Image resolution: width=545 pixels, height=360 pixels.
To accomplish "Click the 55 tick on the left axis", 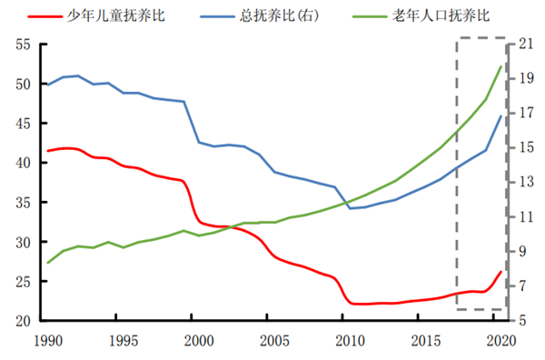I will pyautogui.click(x=22, y=45).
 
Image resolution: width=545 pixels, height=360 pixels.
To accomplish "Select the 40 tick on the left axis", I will pyautogui.click(x=22, y=164).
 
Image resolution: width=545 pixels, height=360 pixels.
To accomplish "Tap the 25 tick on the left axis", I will pyautogui.click(x=22, y=282).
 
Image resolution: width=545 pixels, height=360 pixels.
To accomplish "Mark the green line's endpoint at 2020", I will pyautogui.click(x=500, y=66).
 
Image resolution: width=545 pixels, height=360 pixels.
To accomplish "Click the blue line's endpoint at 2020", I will pyautogui.click(x=500, y=116).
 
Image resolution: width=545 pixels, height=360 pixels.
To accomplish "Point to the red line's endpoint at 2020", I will pyautogui.click(x=500, y=272).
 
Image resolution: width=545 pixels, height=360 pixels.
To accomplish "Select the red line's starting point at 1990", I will pyautogui.click(x=47, y=151).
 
